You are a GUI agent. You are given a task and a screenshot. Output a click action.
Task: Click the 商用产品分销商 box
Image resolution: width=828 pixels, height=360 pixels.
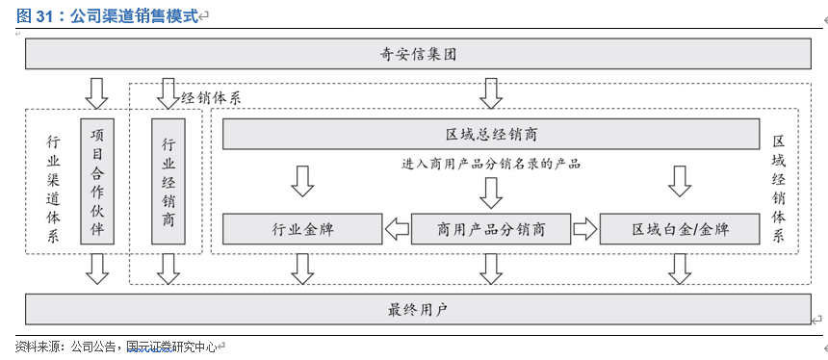(x=491, y=229)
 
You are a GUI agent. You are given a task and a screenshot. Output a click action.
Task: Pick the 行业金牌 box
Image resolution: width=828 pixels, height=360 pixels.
(x=302, y=229)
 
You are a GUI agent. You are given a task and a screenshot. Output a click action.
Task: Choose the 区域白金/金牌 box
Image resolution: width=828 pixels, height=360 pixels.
(x=680, y=229)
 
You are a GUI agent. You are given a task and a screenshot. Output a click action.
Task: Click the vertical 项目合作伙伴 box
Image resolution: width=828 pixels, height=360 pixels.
(x=96, y=179)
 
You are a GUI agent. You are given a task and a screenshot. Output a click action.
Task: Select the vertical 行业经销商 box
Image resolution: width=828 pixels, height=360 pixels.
(x=168, y=181)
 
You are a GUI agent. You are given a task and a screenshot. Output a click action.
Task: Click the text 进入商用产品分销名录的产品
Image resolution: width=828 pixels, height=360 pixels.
(x=491, y=164)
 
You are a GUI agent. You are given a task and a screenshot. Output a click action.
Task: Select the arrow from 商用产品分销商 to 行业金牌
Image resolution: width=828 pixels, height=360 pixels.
(x=397, y=229)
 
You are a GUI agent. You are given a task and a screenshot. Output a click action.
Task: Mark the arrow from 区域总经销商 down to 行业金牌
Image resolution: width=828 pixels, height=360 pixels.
(x=302, y=180)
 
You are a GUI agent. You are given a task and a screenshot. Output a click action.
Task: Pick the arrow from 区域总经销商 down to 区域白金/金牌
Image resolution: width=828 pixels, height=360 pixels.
(x=680, y=180)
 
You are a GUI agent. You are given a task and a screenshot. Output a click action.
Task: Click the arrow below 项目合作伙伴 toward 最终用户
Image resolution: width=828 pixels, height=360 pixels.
(x=96, y=269)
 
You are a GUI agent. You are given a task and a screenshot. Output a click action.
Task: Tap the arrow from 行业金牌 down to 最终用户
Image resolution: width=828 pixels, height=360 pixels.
(x=302, y=269)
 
